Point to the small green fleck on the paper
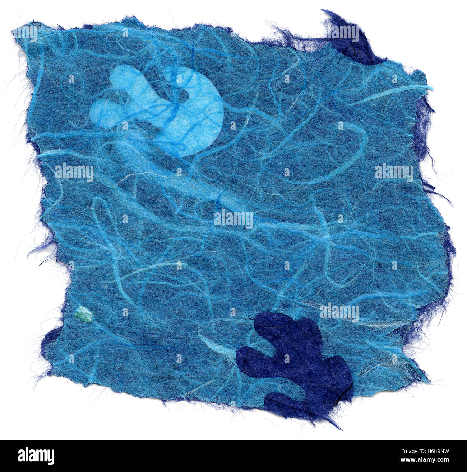83,315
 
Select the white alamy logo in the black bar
36,456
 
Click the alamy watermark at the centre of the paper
233,218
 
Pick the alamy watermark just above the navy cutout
339,312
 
